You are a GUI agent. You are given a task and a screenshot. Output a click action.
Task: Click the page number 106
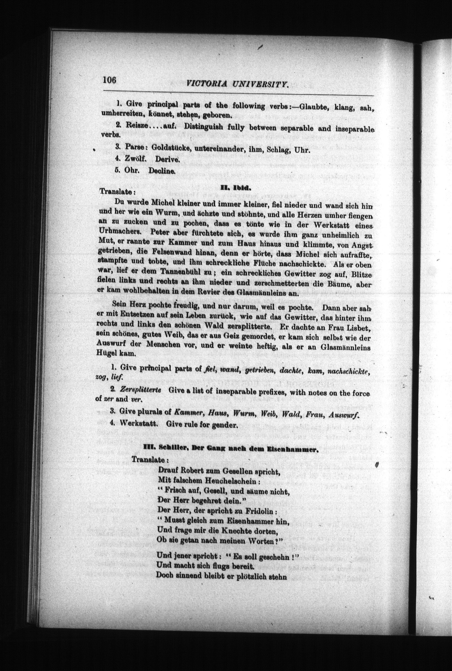point(110,80)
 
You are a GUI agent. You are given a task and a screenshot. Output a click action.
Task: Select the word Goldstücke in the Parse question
point(170,148)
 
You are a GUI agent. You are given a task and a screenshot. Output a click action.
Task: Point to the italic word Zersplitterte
point(140,390)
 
